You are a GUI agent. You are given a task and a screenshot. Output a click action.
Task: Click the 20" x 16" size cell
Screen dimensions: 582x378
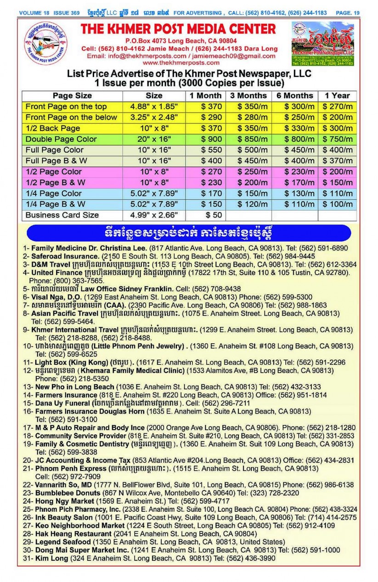[154, 139]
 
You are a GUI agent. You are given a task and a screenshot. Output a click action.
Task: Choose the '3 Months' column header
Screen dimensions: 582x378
[248, 95]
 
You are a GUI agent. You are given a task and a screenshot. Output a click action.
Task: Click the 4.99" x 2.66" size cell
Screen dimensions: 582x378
[154, 215]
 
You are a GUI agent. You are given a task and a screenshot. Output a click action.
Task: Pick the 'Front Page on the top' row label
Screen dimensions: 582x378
[66, 106]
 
